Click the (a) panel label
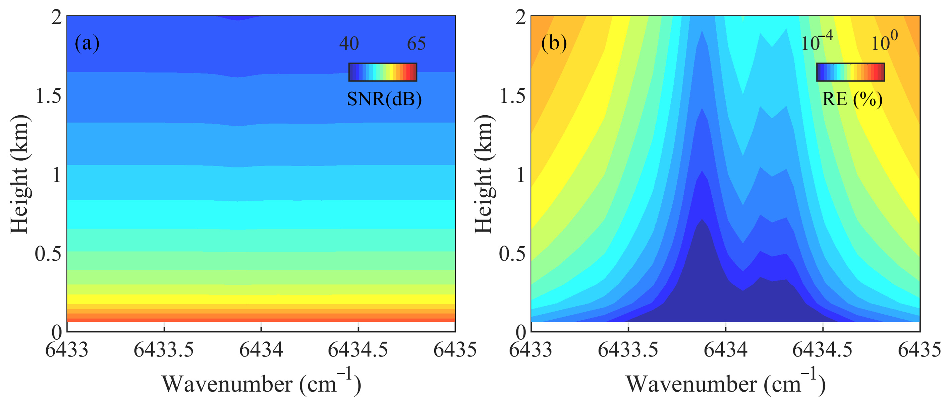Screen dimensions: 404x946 point(87,43)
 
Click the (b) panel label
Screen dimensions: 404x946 point(554,43)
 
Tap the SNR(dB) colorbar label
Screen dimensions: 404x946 point(384,99)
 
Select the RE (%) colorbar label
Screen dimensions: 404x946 point(852,99)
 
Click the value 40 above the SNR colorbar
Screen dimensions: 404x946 point(348,44)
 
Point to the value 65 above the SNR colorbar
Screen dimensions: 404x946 point(416,44)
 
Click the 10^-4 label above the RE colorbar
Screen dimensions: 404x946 point(816,42)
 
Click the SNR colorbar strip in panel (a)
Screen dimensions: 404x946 point(383,72)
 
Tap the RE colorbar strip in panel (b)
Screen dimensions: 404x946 point(850,72)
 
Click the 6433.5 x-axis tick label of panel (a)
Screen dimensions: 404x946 point(164,350)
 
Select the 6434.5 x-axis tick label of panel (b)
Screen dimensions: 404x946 point(822,350)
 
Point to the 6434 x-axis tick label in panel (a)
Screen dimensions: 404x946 point(261,350)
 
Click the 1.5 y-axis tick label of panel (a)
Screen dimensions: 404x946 point(49,96)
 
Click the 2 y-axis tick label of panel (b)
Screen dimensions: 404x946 point(520,18)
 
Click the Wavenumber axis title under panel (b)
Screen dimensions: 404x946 point(725,384)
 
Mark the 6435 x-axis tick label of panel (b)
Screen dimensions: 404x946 point(919,350)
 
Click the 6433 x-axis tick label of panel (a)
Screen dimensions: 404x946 point(67,350)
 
